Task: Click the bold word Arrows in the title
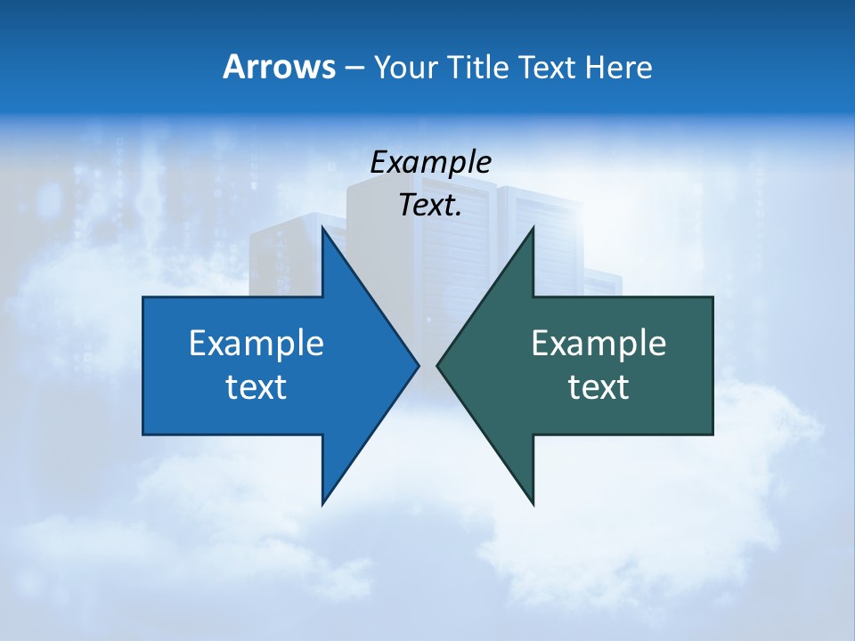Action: pyautogui.click(x=279, y=67)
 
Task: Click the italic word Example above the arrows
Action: pyautogui.click(x=430, y=162)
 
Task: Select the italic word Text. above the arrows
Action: pyautogui.click(x=429, y=205)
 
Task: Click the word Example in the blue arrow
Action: pyautogui.click(x=256, y=343)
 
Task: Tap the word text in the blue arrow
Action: pyautogui.click(x=256, y=386)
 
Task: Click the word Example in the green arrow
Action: pyautogui.click(x=598, y=343)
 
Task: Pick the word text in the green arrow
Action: pyautogui.click(x=598, y=386)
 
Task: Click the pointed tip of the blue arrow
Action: pyautogui.click(x=417, y=364)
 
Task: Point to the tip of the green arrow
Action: pyautogui.click(x=439, y=364)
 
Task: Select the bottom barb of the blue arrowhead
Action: pyautogui.click(x=325, y=499)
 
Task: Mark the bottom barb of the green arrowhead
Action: pyautogui.click(x=532, y=499)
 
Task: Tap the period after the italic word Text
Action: pyautogui.click(x=458, y=214)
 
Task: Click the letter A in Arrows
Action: pyautogui.click(x=233, y=67)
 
